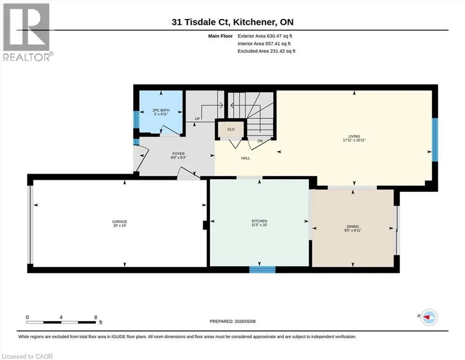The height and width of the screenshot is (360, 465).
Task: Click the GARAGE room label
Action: pos(119,221)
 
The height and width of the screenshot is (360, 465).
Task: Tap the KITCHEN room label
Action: pos(259,221)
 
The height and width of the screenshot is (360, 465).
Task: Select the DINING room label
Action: pos(353,226)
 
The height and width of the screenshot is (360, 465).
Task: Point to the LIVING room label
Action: pos(354,136)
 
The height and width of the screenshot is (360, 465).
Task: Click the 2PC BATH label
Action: pos(161,110)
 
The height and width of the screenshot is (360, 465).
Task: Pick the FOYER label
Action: pos(178,154)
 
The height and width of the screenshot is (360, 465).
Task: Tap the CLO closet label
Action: pos(231,129)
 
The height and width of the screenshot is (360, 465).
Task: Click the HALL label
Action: pos(245,158)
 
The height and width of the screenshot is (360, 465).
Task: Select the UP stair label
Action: pos(197,119)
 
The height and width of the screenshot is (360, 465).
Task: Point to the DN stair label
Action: pos(260,141)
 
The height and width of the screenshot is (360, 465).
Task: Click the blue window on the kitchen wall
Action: pos(262,270)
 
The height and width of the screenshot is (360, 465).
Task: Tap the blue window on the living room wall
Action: pos(435,140)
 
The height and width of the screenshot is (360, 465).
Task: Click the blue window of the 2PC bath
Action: pos(136,120)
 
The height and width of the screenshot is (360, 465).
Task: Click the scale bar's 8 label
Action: pos(96,317)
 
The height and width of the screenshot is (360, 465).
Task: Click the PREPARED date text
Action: pos(232,321)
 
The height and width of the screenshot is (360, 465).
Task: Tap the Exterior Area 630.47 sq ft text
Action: pos(265,36)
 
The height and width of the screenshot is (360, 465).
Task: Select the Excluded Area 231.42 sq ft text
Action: pos(266,51)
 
